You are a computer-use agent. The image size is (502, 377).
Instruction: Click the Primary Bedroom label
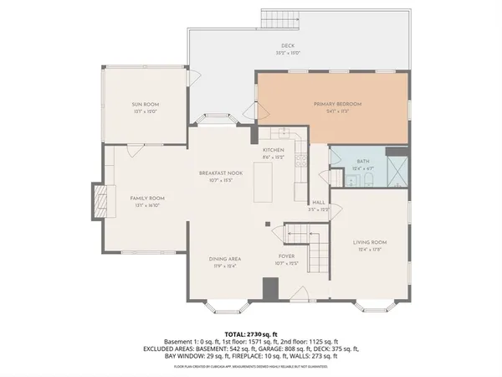pyautogui.click(x=338, y=104)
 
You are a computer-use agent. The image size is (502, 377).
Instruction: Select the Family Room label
pyautogui.click(x=144, y=199)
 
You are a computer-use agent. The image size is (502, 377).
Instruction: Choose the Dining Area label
pyautogui.click(x=225, y=259)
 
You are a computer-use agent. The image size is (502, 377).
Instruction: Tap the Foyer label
pyautogui.click(x=287, y=258)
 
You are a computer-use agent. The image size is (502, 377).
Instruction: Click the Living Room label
pyautogui.click(x=370, y=243)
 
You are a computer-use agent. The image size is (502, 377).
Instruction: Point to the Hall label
pyautogui.click(x=319, y=203)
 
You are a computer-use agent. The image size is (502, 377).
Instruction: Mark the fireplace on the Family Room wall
pyautogui.click(x=100, y=201)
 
